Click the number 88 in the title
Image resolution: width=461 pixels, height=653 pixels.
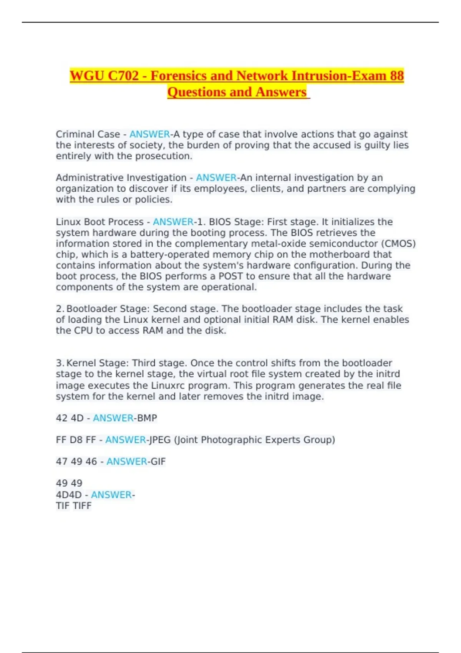click(397, 76)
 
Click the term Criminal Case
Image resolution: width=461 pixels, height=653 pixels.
click(88, 134)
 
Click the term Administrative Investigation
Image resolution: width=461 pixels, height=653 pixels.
click(121, 178)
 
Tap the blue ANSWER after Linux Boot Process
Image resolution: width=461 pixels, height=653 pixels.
click(173, 222)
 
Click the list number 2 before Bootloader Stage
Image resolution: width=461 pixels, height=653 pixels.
click(60, 309)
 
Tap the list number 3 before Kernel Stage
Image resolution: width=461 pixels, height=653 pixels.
click(60, 363)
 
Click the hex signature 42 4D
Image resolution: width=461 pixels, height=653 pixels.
click(70, 418)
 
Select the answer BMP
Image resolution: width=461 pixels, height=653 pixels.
click(147, 418)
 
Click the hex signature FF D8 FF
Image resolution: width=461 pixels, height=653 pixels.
click(76, 440)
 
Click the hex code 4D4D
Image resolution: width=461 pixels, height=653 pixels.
click(69, 495)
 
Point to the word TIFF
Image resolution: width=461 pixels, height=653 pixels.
click(82, 505)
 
